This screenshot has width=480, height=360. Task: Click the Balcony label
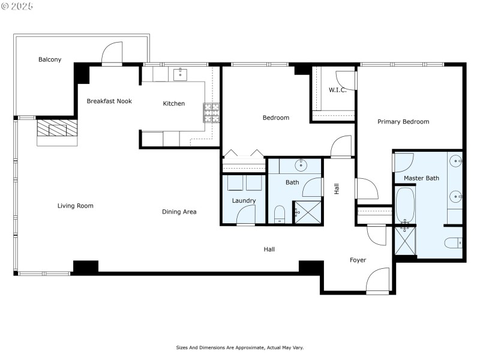coord(50,59)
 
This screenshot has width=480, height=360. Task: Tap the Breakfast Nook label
coord(109,101)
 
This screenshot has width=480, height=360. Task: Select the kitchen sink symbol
coord(179,74)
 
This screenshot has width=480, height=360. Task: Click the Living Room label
coord(76,206)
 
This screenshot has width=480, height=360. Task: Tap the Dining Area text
coord(179,212)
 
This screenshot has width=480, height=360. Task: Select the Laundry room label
coord(244,200)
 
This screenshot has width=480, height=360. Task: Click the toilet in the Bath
coord(280,214)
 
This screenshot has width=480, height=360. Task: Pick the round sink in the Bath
coord(300,165)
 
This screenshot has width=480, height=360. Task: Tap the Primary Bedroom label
coord(403,122)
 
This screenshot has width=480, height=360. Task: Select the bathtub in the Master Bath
coord(406,205)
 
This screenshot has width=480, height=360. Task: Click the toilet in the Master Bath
coord(453,243)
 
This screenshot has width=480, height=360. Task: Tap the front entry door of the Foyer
coord(377,281)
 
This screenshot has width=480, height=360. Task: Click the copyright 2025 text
coord(18,6)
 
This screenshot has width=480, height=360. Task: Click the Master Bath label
coord(421,178)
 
